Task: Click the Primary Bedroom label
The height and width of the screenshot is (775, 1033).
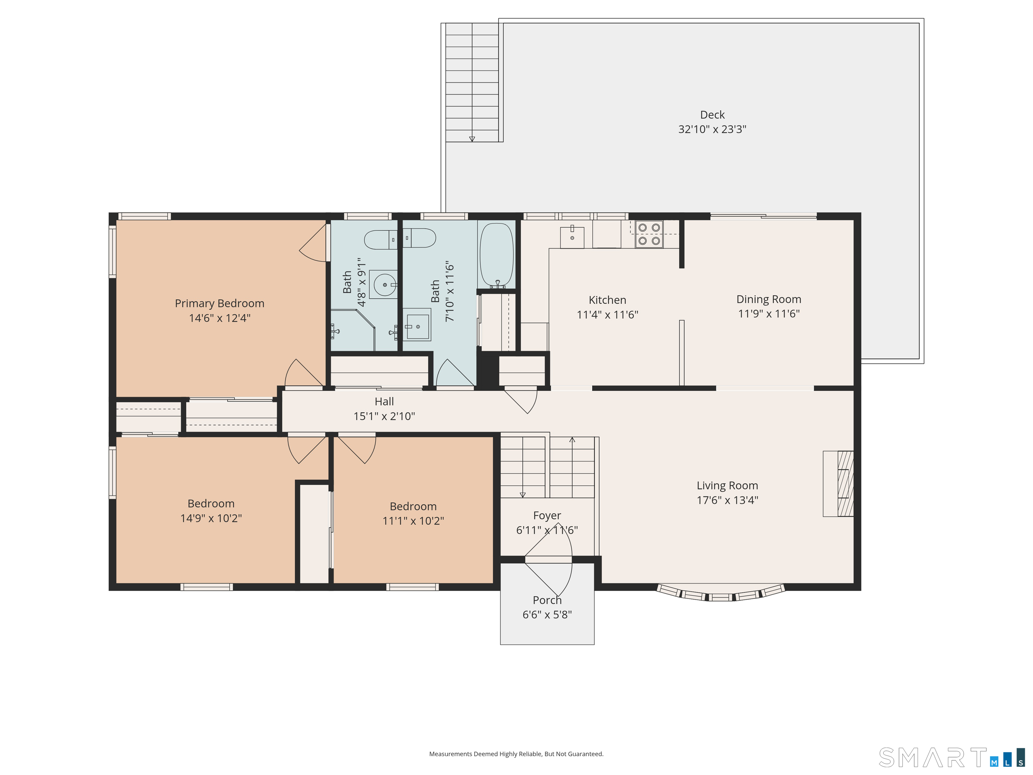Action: [220, 304]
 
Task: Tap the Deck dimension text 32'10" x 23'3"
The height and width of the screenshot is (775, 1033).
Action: [712, 130]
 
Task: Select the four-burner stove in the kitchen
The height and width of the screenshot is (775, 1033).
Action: [649, 234]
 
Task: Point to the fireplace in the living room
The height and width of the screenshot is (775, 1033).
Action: [838, 483]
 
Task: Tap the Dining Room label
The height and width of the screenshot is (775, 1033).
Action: [769, 299]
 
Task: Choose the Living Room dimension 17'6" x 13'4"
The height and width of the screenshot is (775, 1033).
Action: [727, 500]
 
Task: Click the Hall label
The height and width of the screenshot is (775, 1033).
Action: [384, 401]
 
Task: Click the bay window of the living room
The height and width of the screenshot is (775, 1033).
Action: [721, 592]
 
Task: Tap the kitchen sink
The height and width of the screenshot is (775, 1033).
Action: [572, 237]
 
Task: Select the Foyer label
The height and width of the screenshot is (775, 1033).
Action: [547, 515]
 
